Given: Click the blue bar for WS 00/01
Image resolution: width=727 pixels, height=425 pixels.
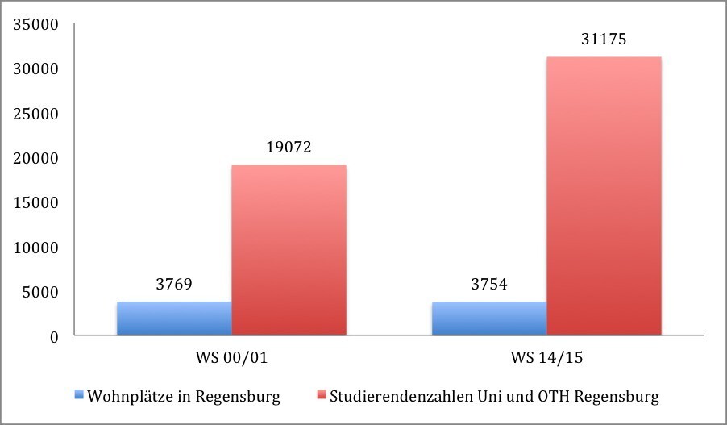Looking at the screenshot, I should point(174,318).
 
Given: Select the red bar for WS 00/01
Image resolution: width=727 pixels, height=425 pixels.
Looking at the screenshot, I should point(289,250).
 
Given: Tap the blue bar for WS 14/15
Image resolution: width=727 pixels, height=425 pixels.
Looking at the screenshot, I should point(489,318).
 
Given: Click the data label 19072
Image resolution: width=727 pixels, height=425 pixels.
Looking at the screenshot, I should point(289,148).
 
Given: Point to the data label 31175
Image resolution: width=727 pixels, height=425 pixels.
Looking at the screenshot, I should point(604,39).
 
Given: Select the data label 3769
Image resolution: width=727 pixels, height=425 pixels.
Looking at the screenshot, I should point(174,284).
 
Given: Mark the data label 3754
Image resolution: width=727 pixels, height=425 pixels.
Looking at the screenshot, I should point(489,284).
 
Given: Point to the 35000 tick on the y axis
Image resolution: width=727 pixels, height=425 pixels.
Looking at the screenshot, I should point(37,25).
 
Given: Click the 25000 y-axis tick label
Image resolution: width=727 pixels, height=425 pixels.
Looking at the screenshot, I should point(37,114).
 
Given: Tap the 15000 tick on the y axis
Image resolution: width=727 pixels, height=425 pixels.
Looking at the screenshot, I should point(37,203).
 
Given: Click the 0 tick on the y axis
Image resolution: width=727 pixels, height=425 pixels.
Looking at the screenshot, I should point(55,337).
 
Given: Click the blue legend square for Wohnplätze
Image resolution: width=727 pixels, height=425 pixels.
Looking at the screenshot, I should point(78,396).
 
